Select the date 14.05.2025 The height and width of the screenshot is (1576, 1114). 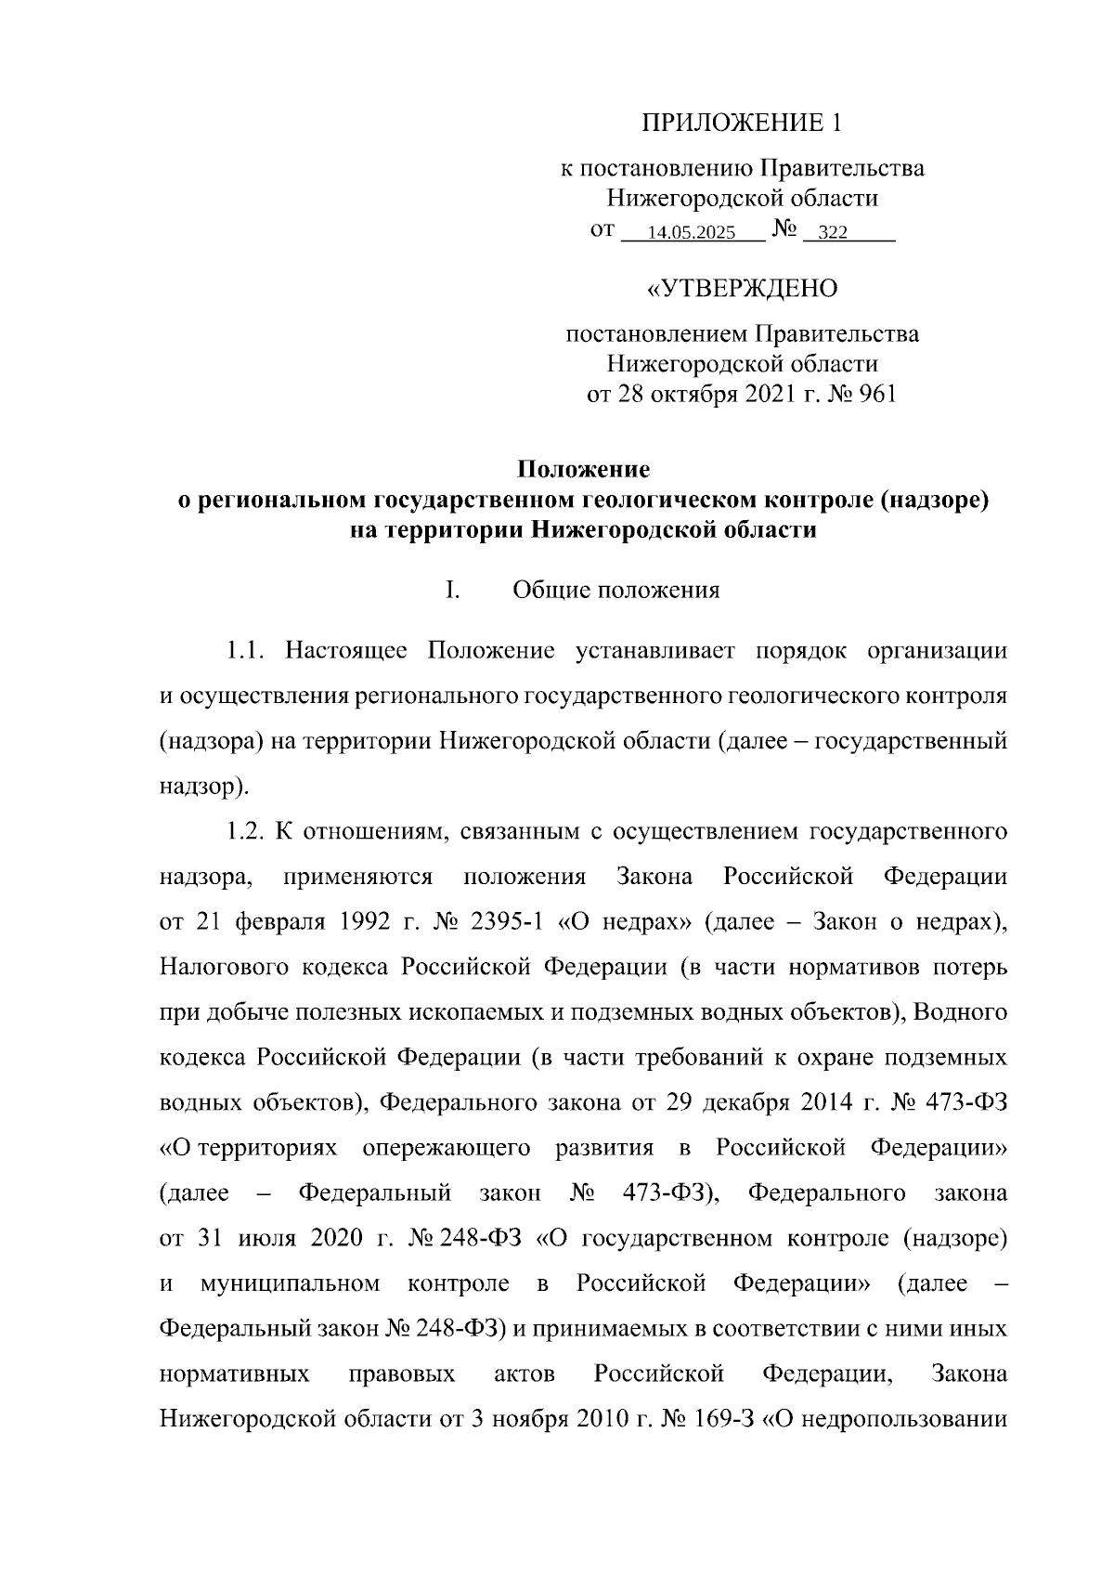[692, 233]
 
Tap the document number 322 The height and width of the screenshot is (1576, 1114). [832, 233]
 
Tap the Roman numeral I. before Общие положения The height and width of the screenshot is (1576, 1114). [452, 591]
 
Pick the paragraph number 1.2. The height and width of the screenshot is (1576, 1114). [247, 831]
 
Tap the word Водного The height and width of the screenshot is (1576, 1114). [962, 1012]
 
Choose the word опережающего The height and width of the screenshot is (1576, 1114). [447, 1149]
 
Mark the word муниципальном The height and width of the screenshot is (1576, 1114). [290, 1284]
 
